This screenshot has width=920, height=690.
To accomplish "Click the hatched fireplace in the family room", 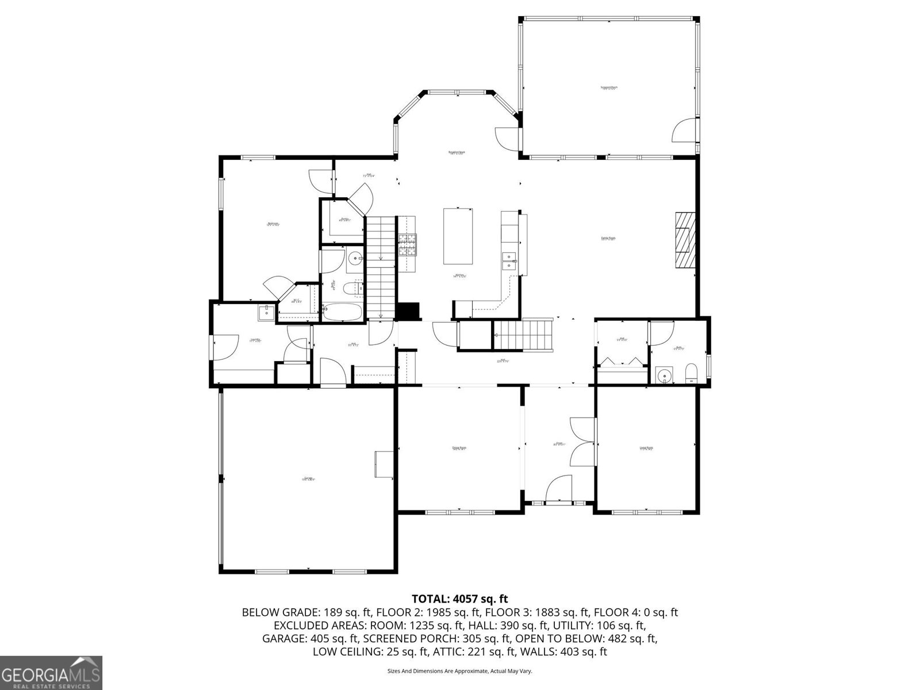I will [x=684, y=240].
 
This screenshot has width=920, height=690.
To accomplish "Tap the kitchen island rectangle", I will [x=458, y=236].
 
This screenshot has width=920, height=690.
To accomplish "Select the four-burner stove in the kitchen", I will [x=407, y=245].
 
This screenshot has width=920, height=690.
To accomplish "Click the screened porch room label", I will [x=608, y=88].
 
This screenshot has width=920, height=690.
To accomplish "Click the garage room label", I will [x=308, y=478].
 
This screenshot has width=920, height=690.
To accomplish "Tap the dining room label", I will [x=458, y=448].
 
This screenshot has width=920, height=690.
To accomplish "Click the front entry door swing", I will [x=559, y=489].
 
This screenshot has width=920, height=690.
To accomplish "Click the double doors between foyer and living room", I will [x=582, y=442].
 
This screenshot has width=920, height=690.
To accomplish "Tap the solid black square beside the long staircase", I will [x=408, y=311].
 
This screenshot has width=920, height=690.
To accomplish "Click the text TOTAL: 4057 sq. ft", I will [x=459, y=599].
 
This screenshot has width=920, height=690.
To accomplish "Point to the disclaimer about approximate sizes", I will [x=459, y=671].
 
